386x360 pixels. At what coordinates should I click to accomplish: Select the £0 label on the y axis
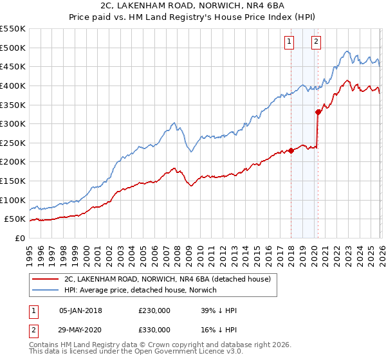(19, 238)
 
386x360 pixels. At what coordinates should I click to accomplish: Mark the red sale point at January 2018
(291, 150)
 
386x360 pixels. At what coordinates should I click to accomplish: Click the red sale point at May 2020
(318, 112)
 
